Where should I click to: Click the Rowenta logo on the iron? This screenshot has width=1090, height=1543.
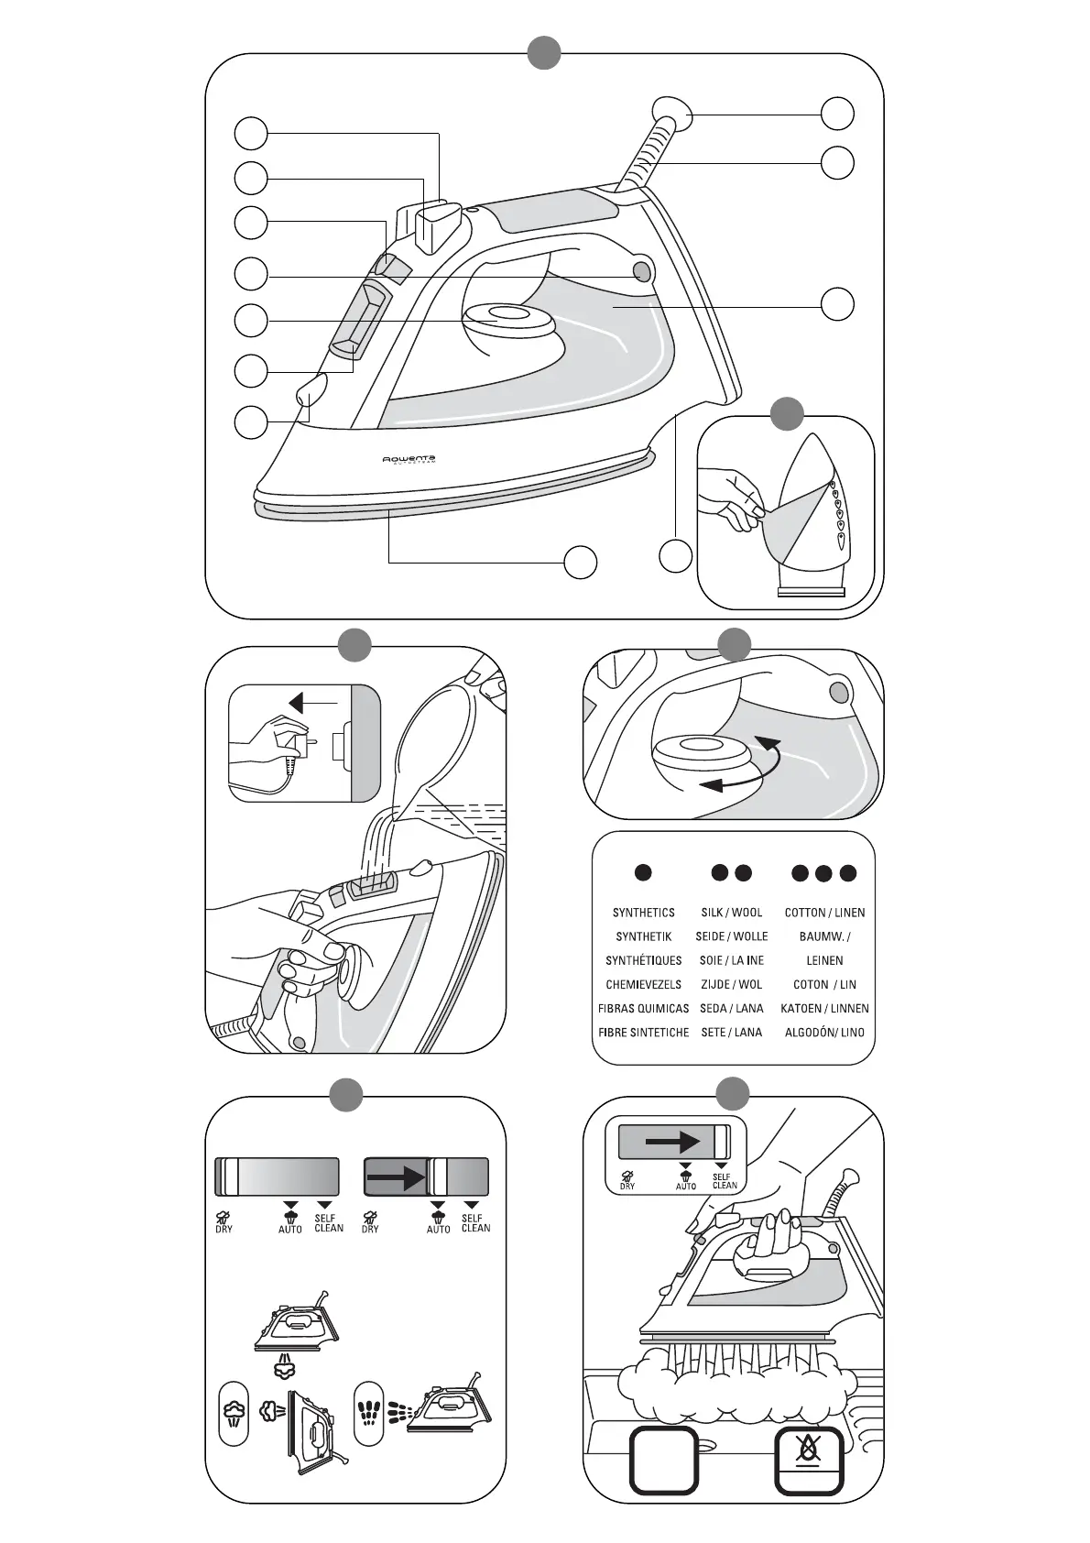(x=409, y=459)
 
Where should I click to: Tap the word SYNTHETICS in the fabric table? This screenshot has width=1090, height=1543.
(x=643, y=913)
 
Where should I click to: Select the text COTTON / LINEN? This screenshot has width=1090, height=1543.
(x=824, y=913)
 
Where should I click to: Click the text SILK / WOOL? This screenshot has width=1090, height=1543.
(x=731, y=913)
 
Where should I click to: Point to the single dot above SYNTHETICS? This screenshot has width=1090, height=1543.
(x=643, y=872)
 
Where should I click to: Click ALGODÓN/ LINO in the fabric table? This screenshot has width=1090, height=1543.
(x=824, y=1032)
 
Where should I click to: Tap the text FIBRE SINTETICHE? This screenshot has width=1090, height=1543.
(x=643, y=1032)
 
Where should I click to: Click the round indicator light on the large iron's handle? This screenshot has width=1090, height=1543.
(x=641, y=271)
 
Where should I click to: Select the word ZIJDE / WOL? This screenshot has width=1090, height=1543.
(x=731, y=984)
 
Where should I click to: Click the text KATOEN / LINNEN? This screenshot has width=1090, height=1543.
(x=824, y=1008)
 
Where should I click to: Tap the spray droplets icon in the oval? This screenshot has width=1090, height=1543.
(x=368, y=1412)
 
